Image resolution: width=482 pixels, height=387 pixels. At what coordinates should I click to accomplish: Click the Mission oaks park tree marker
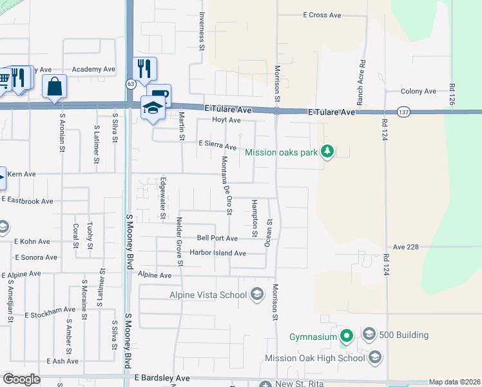coord(328,152)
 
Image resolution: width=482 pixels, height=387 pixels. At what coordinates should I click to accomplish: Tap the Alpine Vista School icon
coord(256,295)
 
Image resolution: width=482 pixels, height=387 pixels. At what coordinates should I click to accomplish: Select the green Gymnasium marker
coord(347,335)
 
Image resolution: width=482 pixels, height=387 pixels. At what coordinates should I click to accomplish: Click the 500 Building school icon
coord(369,334)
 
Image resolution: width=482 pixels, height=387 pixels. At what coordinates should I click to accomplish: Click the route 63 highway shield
coord(131,83)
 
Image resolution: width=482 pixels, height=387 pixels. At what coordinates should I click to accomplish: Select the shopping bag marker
coord(54,86)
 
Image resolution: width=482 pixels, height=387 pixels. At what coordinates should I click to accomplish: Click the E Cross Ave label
coord(322,15)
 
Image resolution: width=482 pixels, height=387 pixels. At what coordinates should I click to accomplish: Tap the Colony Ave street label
coord(418,92)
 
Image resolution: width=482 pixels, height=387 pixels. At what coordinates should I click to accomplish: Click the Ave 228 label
coord(406,247)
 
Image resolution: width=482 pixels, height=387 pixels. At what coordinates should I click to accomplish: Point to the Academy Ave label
coord(93,69)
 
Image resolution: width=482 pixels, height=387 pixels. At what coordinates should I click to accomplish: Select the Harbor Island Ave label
coord(217,253)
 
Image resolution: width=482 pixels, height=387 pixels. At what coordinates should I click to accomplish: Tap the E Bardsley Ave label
coord(161,377)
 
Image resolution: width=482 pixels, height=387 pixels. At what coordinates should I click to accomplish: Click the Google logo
coord(21,379)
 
